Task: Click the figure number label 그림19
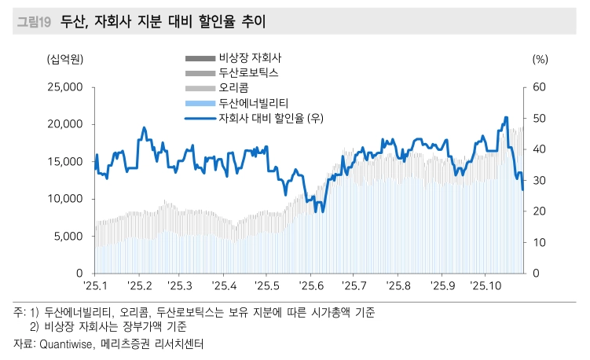[x=32, y=23]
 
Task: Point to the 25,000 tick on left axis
[x=62, y=86]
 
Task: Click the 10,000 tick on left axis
[x=62, y=199]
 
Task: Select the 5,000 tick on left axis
[x=65, y=236]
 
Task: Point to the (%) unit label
[x=540, y=58]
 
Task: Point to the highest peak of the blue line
[x=506, y=118]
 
